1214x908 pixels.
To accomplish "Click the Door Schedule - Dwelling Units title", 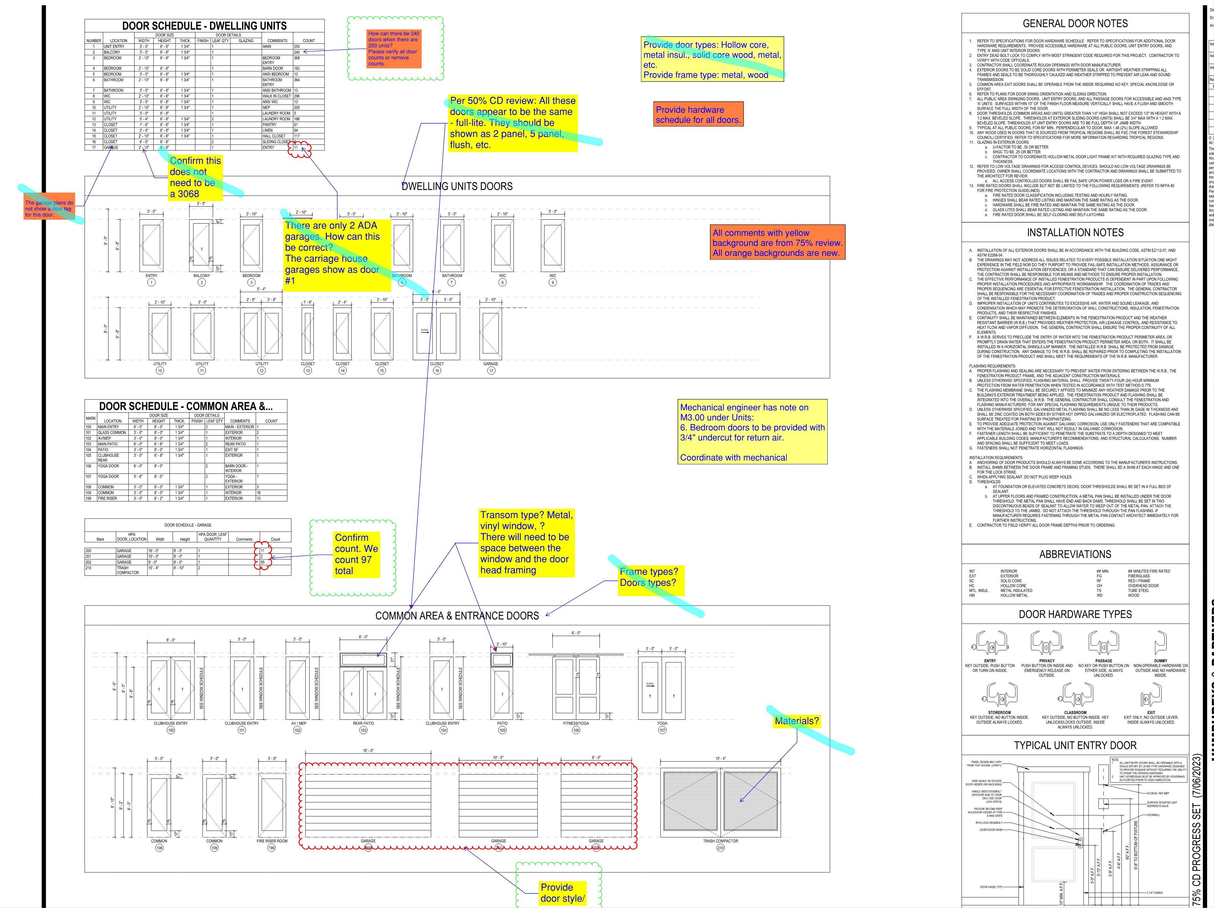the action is [x=204, y=26].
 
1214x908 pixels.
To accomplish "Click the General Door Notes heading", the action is [x=1075, y=24].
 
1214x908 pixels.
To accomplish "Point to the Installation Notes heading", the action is [x=1075, y=233].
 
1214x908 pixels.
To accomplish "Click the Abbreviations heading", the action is [x=1075, y=555].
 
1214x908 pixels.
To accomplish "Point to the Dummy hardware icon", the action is [x=1160, y=642].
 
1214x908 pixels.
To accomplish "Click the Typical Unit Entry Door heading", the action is [x=1075, y=745].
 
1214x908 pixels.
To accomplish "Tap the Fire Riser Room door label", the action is [x=272, y=841].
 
